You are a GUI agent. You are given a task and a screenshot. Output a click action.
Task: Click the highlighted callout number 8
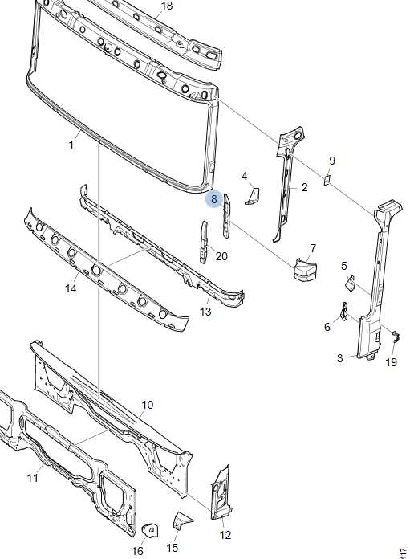[213, 199]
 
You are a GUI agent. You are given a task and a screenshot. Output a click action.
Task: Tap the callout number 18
[167, 6]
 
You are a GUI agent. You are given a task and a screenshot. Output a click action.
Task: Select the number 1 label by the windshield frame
[71, 145]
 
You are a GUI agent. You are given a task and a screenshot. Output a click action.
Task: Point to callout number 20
[221, 256]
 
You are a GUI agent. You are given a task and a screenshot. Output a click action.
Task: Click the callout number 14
[71, 288]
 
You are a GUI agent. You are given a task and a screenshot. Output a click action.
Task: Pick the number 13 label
[205, 312]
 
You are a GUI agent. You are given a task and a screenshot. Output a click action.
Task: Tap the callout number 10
[148, 405]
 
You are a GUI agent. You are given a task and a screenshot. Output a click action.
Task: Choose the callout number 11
[33, 478]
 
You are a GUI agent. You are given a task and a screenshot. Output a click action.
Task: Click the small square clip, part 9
[327, 180]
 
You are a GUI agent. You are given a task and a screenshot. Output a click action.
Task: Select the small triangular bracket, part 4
[253, 197]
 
